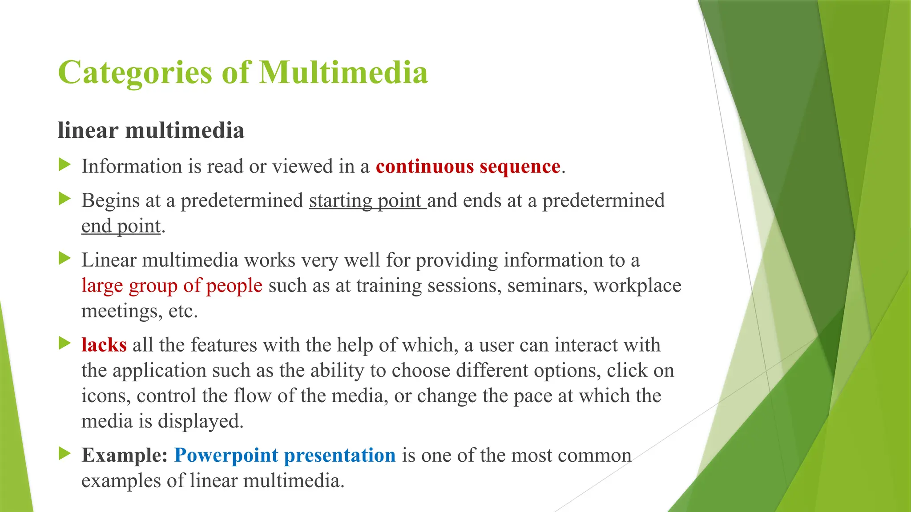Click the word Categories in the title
135,72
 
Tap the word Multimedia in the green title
343,72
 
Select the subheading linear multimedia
151,131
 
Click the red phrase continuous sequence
468,166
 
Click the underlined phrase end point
121,226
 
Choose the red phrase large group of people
172,285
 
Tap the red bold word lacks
104,345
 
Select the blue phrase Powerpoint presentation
285,455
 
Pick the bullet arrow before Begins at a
65,199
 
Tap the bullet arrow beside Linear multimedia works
65,258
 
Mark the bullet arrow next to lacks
65,343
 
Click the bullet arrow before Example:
65,453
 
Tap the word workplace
637,286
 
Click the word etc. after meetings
183,311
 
